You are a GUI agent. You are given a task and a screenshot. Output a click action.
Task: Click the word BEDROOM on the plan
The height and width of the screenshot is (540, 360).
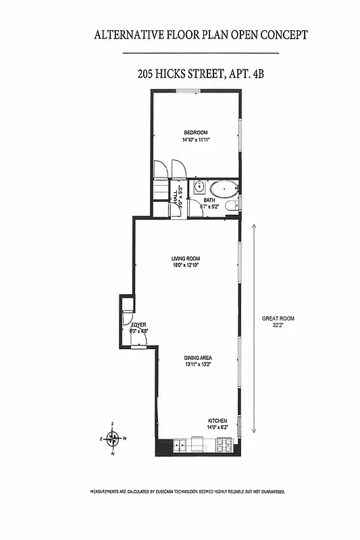[195, 132]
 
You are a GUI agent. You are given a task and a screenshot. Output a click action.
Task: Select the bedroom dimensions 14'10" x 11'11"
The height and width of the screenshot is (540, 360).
[195, 140]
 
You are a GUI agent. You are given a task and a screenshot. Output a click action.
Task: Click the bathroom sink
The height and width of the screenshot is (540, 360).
[200, 187]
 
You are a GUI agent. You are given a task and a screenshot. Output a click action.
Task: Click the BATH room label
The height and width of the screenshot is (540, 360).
[210, 200]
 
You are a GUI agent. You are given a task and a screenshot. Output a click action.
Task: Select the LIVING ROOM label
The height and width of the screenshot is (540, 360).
[184, 258]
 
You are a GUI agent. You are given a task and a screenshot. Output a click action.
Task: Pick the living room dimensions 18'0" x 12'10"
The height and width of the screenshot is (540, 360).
[184, 265]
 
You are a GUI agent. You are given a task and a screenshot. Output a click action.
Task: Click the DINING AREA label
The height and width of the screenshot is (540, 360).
[199, 358]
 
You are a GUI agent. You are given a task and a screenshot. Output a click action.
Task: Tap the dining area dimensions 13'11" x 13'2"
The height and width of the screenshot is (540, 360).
[199, 365]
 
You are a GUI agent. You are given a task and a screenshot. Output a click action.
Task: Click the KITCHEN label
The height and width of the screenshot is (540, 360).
[217, 420]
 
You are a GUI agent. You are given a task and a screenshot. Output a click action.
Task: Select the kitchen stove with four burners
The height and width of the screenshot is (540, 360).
[224, 446]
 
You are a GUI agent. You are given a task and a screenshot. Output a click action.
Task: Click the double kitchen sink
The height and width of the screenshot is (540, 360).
[180, 445]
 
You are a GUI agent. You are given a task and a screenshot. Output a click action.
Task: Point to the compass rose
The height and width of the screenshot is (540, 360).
[114, 439]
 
